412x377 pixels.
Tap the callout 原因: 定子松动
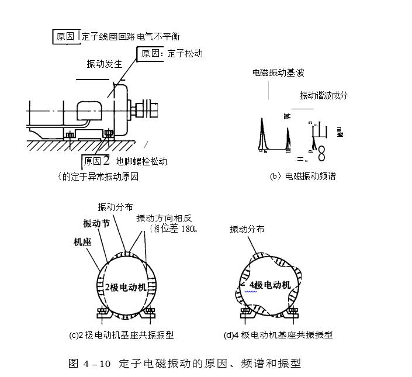click(171, 54)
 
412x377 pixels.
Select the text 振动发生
click(103, 64)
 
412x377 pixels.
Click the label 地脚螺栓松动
click(141, 161)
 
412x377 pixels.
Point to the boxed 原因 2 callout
click(96, 161)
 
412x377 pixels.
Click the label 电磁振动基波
click(278, 73)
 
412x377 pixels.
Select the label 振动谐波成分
click(323, 95)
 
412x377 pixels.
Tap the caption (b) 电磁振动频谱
click(302, 176)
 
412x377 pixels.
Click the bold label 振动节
click(96, 223)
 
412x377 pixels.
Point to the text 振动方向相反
click(164, 218)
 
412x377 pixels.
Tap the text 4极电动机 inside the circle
click(269, 285)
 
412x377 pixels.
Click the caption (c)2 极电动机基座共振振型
click(121, 335)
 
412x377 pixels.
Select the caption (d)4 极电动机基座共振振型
click(278, 335)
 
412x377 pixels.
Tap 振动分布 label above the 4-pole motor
click(247, 229)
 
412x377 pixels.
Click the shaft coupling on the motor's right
click(144, 109)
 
